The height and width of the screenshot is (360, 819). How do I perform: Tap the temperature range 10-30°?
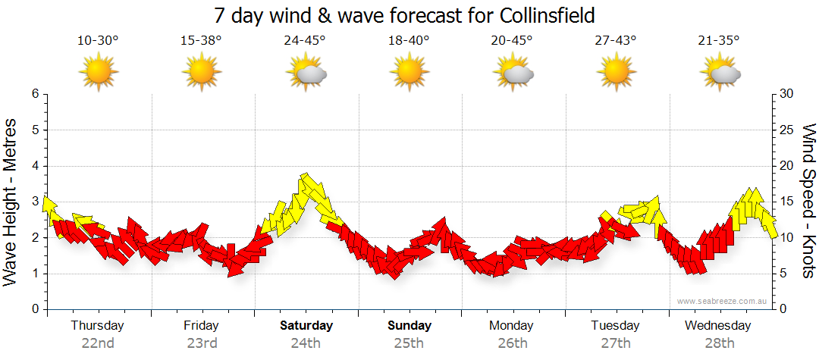click(98, 41)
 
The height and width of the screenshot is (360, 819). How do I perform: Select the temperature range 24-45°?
click(305, 41)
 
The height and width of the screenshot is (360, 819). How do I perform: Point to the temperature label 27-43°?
click(615, 41)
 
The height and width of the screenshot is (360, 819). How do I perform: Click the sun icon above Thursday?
click(99, 73)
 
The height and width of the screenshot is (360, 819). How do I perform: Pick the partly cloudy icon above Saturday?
click(306, 74)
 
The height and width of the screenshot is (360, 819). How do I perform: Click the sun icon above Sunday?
click(409, 73)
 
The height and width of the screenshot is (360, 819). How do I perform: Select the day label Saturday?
click(306, 326)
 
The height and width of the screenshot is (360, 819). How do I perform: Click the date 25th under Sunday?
click(409, 343)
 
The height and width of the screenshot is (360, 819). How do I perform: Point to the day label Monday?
click(511, 326)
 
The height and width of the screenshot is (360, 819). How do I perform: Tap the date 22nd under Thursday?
click(98, 343)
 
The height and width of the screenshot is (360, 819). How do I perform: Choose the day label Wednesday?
click(717, 326)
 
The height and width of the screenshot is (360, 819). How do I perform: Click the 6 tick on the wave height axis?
click(34, 94)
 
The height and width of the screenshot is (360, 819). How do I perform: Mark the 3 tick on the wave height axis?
click(34, 202)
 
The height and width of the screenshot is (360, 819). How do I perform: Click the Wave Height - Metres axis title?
click(11, 202)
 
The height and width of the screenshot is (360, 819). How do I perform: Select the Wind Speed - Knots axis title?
click(808, 202)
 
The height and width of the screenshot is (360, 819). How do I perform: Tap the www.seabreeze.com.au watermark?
click(723, 301)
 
